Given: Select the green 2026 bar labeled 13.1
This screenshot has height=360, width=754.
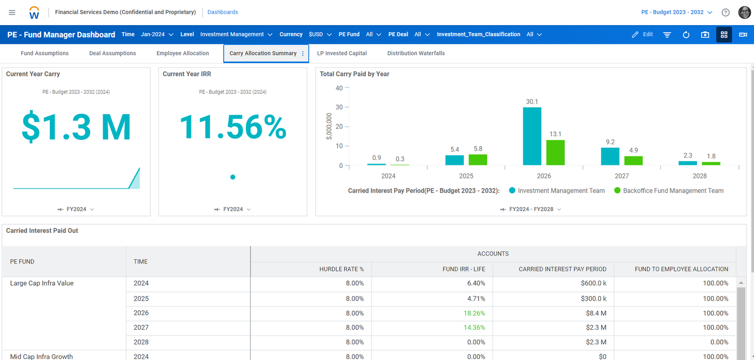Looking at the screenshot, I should pyautogui.click(x=555, y=152).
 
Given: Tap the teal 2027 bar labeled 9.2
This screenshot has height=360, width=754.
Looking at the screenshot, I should pyautogui.click(x=610, y=156).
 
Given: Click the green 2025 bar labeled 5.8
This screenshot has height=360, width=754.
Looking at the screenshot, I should pyautogui.click(x=478, y=159).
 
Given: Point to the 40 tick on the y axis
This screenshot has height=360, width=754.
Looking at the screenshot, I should pyautogui.click(x=339, y=88).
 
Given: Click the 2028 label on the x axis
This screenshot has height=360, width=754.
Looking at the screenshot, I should pyautogui.click(x=699, y=176).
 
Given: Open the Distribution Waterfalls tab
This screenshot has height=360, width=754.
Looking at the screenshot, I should pyautogui.click(x=416, y=53).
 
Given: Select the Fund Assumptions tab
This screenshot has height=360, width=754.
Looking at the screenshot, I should pyautogui.click(x=45, y=53).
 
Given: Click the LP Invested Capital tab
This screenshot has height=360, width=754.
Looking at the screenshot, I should pyautogui.click(x=342, y=53).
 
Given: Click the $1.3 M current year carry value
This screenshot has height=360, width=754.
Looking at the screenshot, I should pyautogui.click(x=76, y=127).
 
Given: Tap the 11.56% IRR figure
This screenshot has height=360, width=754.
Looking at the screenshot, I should pyautogui.click(x=233, y=127).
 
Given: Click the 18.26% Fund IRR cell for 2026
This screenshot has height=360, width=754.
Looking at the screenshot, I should pyautogui.click(x=474, y=313).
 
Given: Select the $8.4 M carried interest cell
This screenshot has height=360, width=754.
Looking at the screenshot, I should pyautogui.click(x=596, y=313).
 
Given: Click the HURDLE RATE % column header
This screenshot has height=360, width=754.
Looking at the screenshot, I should pyautogui.click(x=341, y=269).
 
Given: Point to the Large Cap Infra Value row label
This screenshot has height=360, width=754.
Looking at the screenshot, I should pyautogui.click(x=42, y=284).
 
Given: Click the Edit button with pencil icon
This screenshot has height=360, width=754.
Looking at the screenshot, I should pyautogui.click(x=642, y=35).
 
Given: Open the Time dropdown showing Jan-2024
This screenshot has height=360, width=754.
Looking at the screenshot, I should pyautogui.click(x=157, y=35).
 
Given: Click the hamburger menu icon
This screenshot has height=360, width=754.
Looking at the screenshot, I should pyautogui.click(x=12, y=12).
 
